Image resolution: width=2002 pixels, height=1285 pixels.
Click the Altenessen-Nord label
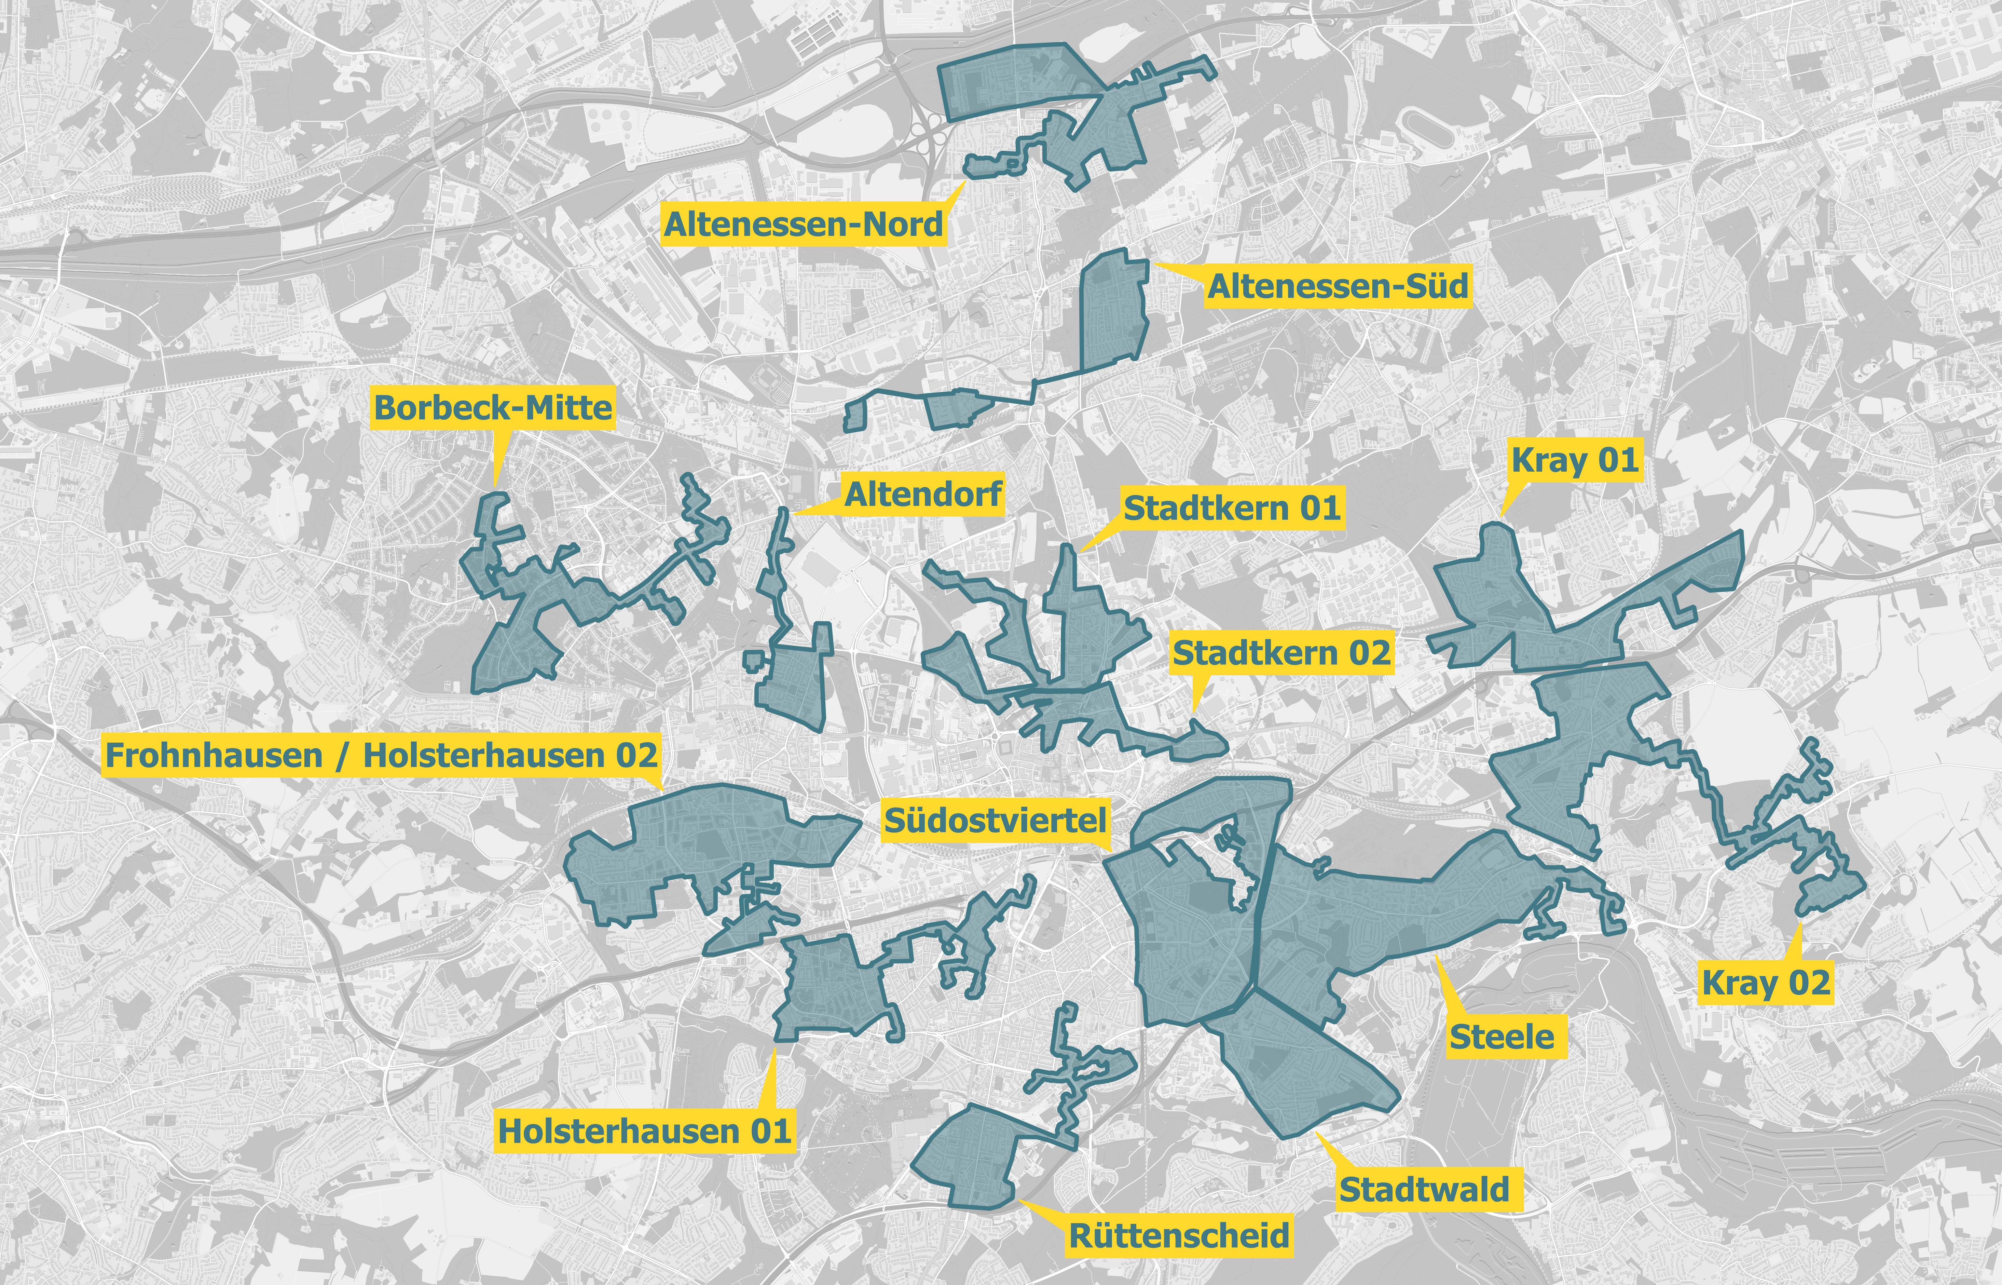click(803, 225)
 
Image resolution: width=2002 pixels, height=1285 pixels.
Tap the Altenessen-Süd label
click(1337, 286)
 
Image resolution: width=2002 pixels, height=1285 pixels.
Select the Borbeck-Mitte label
click(493, 408)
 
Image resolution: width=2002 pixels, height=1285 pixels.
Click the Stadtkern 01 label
click(1231, 508)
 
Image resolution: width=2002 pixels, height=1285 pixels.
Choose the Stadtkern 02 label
click(1281, 653)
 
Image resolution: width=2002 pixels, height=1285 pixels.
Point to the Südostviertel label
click(995, 820)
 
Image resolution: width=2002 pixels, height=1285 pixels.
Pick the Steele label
click(1501, 1037)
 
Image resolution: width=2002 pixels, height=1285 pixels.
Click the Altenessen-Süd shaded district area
click(1114, 313)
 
